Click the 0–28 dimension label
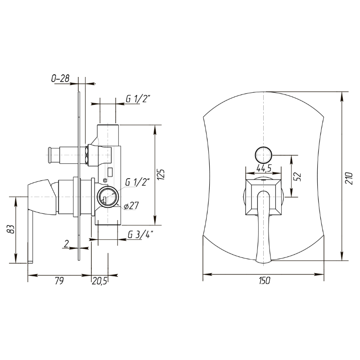tap(60, 78)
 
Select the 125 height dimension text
tap(162, 175)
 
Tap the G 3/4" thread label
tap(140, 234)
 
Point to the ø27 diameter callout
tap(131, 206)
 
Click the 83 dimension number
tap(11, 229)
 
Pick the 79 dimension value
tap(59, 281)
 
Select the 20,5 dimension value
tap(99, 281)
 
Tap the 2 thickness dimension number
tap(66, 244)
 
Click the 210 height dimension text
tap(349, 178)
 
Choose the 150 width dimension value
tap(265, 280)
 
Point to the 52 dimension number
tap(297, 176)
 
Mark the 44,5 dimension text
tap(264, 168)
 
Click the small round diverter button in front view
tap(264, 155)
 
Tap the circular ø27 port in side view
tap(108, 197)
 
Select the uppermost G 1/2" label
tap(138, 99)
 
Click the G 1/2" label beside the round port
tap(137, 182)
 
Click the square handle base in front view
tap(264, 197)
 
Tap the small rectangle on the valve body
tap(110, 172)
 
